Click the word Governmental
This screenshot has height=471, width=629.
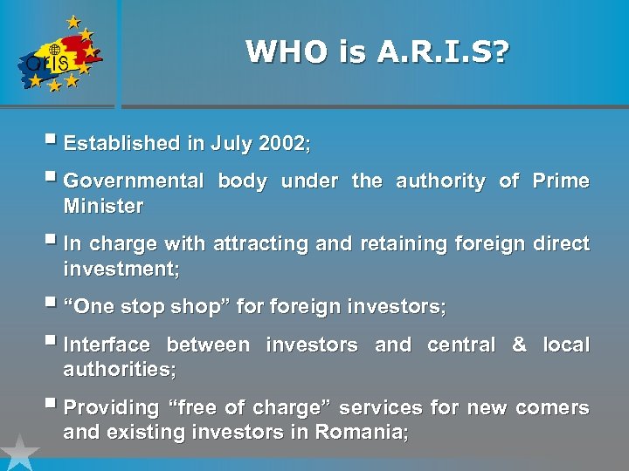click(133, 181)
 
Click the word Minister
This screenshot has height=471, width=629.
click(103, 207)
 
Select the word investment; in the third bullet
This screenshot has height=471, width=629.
click(121, 270)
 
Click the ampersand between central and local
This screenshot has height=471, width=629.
click(519, 345)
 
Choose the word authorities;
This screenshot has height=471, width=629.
click(120, 370)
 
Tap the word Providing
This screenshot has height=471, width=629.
click(112, 408)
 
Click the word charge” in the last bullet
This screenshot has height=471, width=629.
click(288, 408)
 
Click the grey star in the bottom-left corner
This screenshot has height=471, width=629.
click(18, 454)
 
